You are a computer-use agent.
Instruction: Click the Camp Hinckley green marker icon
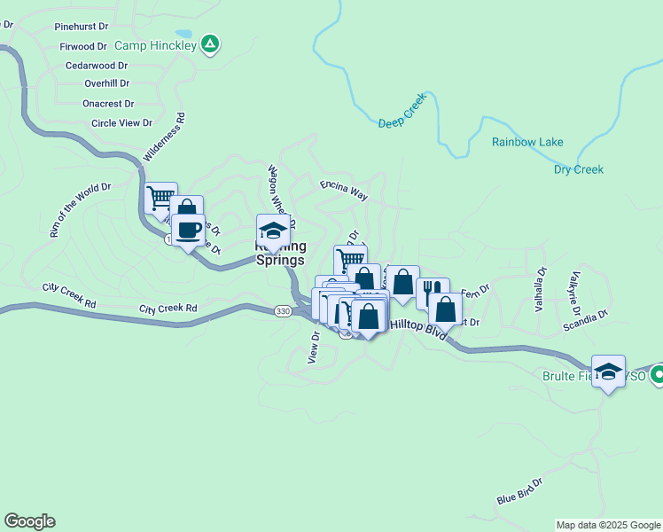pyautogui.click(x=209, y=43)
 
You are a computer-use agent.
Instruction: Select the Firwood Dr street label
pyautogui.click(x=82, y=46)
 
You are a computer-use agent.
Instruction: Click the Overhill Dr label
pyautogui.click(x=106, y=83)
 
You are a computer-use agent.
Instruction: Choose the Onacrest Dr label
pyautogui.click(x=107, y=103)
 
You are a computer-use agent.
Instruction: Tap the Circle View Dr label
pyautogui.click(x=121, y=123)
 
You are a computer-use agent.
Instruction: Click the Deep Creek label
pyautogui.click(x=403, y=111)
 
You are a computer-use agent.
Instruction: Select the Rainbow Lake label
pyautogui.click(x=527, y=142)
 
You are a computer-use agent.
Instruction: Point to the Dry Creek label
pyautogui.click(x=578, y=169)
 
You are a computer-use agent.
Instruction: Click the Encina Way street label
pyautogui.click(x=343, y=188)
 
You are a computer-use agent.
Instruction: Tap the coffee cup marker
pyautogui.click(x=188, y=230)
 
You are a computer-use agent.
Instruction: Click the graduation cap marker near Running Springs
pyautogui.click(x=273, y=230)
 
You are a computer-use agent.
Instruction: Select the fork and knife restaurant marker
pyautogui.click(x=433, y=291)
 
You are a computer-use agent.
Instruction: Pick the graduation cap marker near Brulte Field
pyautogui.click(x=608, y=371)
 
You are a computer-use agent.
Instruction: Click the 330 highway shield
pyautogui.click(x=282, y=311)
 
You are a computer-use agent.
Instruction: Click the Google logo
pyautogui.click(x=29, y=521)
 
